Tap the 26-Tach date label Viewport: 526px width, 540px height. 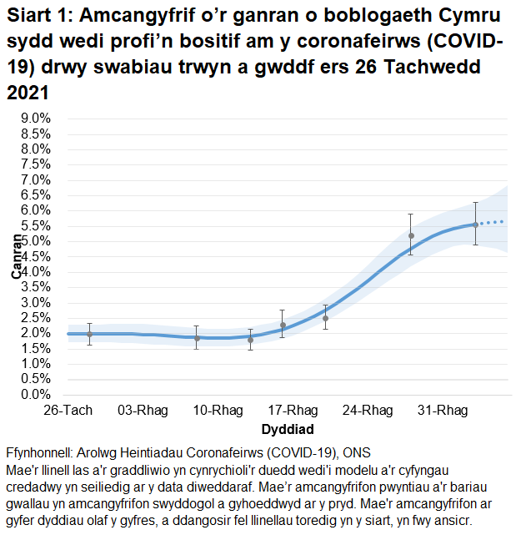pyautogui.click(x=68, y=411)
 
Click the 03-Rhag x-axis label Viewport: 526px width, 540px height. pyautogui.click(x=141, y=411)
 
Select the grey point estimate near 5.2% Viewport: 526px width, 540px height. pyautogui.click(x=411, y=235)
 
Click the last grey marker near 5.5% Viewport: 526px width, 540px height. pyautogui.click(x=475, y=225)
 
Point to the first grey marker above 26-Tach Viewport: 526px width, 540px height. pyautogui.click(x=89, y=334)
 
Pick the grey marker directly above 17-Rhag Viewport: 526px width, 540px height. pyautogui.click(x=283, y=326)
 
